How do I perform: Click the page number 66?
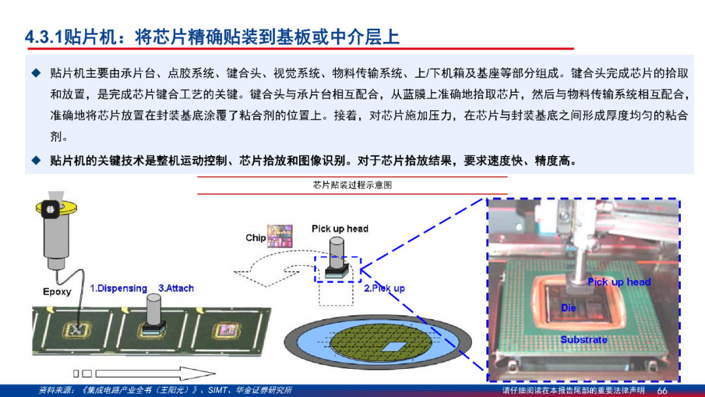663,390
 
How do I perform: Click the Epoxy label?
57,291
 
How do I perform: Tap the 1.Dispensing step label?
119,288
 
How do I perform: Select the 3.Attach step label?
176,288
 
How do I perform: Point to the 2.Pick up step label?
384,288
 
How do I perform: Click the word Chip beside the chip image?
255,238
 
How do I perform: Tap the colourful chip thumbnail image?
279,236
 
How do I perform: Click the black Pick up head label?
340,229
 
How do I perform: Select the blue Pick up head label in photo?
619,282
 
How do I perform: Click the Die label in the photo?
569,308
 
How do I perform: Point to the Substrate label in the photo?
584,340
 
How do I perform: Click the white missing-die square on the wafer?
394,347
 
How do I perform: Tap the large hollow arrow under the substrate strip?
155,373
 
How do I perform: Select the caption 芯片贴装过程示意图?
352,185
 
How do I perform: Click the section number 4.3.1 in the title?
44,37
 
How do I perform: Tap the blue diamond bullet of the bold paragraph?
37,161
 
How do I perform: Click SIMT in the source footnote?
217,390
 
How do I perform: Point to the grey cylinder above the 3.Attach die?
153,309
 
